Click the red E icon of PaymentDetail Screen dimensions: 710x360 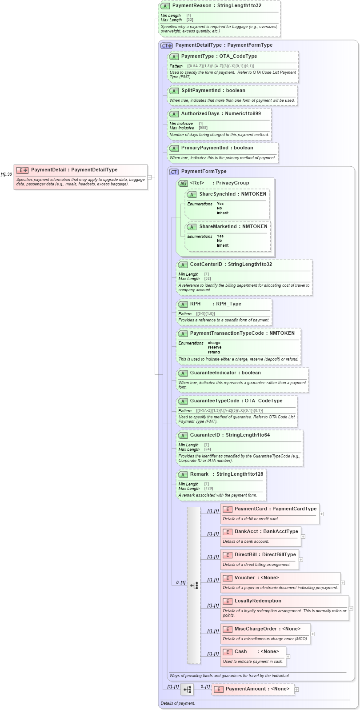tap(22, 170)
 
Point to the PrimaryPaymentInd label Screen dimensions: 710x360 tap(204, 148)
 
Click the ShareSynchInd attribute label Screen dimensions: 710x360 tap(217, 194)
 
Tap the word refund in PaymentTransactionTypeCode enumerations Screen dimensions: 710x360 tap(214, 352)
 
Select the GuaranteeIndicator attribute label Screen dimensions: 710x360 tap(213, 373)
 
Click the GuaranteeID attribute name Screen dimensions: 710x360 tap(205, 435)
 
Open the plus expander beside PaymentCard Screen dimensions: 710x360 tap(321, 513)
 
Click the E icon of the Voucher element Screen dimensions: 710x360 tap(228, 578)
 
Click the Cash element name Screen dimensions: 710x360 tap(240, 652)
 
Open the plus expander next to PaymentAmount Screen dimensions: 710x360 tap(297, 690)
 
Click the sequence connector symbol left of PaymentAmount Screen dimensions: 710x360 tap(187, 690)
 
